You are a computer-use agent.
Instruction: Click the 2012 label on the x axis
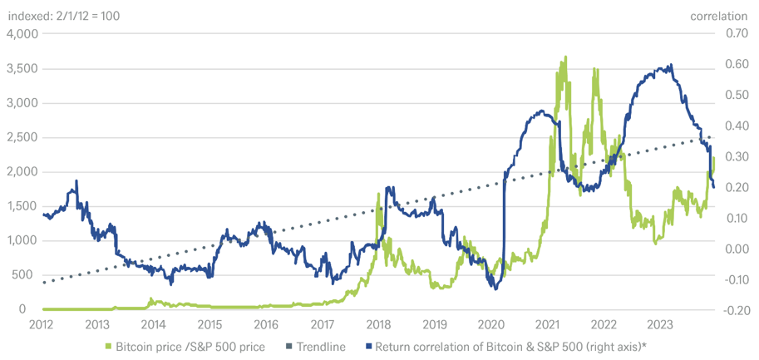(x=42, y=324)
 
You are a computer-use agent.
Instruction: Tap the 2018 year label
(x=378, y=324)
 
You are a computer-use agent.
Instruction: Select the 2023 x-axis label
(x=659, y=324)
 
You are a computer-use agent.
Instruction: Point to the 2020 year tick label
(x=491, y=324)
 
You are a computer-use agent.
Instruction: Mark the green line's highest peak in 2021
(x=565, y=57)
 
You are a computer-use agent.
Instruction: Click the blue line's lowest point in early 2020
(x=495, y=288)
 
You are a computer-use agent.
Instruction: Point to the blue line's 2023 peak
(x=671, y=66)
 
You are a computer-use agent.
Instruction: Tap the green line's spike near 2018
(x=378, y=195)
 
